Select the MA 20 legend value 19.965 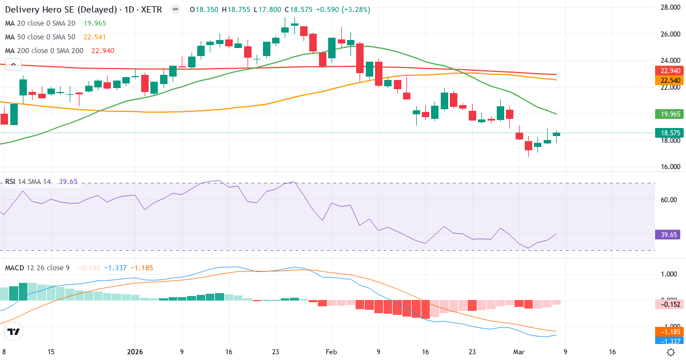coord(95,23)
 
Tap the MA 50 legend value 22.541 coord(95,37)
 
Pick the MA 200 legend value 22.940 coord(100,51)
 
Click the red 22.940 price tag coord(669,71)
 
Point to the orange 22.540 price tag coord(669,81)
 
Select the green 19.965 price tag coord(669,114)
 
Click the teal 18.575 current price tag coord(669,133)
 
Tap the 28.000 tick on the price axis coord(669,7)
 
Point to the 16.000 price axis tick coord(669,167)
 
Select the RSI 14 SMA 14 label coord(28,182)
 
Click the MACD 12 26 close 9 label coord(37,267)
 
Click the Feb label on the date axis coord(332,353)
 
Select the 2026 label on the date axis coord(135,353)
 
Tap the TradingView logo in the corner coord(14,331)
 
